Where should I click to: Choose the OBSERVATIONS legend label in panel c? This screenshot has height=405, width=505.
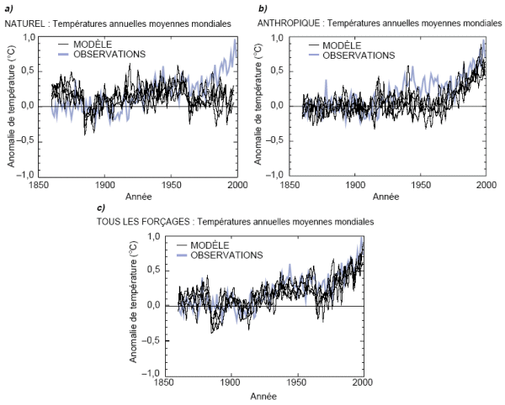coord(226,255)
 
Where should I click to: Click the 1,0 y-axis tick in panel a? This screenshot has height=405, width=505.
coord(29,39)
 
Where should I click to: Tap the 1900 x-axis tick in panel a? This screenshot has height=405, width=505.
coord(104,184)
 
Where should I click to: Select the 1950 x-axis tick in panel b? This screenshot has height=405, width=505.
coord(421,184)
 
